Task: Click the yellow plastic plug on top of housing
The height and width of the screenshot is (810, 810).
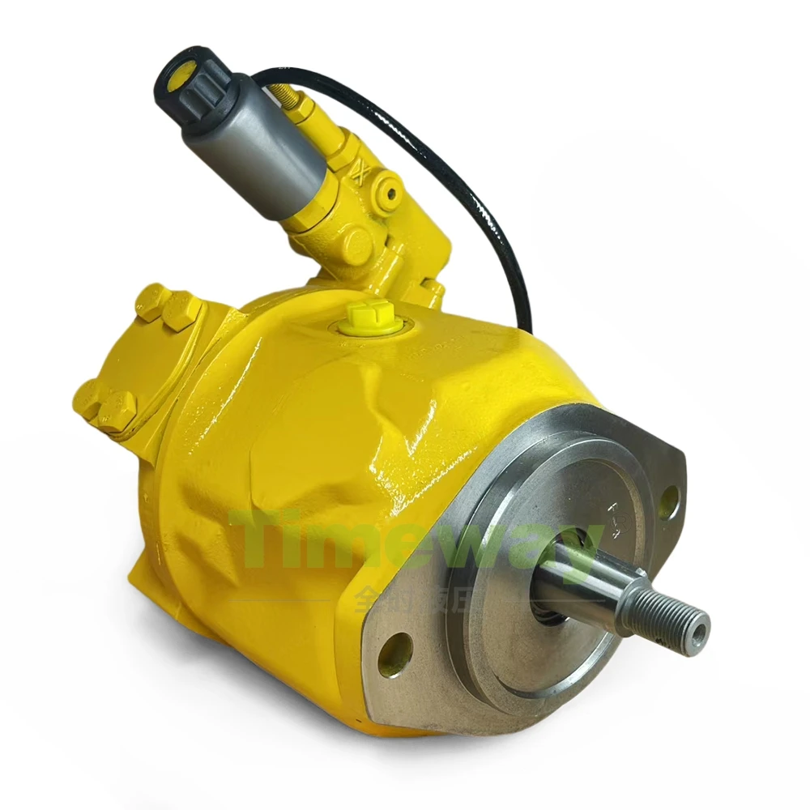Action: (x=362, y=318)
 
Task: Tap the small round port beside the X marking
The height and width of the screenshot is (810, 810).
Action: (x=393, y=192)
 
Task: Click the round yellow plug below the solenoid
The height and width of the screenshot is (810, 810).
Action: (x=355, y=243)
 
